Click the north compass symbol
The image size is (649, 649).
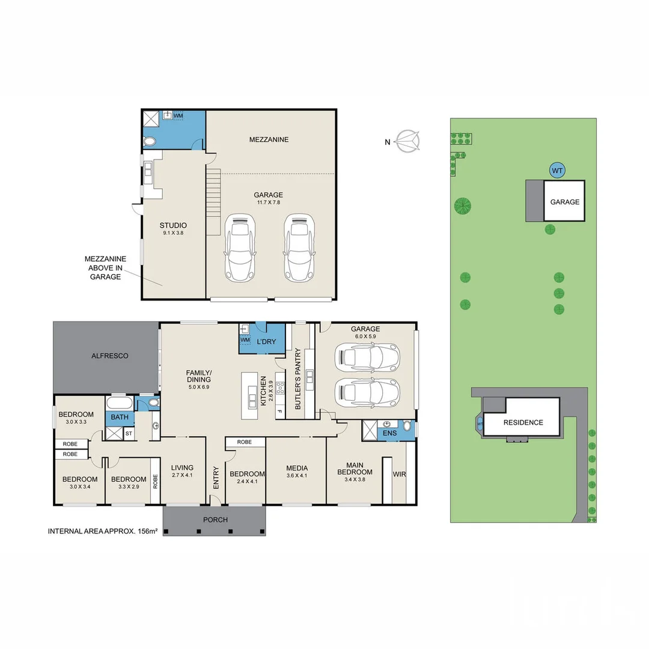coord(409,142)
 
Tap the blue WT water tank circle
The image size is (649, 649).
coord(558,171)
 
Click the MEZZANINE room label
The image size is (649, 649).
coord(269,139)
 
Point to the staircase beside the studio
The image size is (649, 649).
coord(213,201)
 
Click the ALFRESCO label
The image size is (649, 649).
coord(109,356)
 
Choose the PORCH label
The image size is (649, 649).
coord(215,520)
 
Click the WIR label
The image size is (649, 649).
coord(400,475)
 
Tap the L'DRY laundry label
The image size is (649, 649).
coord(266,342)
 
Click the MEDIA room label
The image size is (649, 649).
coord(297,468)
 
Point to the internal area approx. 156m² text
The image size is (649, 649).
coord(102,531)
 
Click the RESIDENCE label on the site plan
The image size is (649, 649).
coord(523,422)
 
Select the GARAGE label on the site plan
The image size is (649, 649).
coord(565,202)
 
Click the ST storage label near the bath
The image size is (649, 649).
coord(129,433)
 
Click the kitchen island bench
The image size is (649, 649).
coord(249,395)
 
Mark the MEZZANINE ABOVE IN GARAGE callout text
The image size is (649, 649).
coord(106,267)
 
